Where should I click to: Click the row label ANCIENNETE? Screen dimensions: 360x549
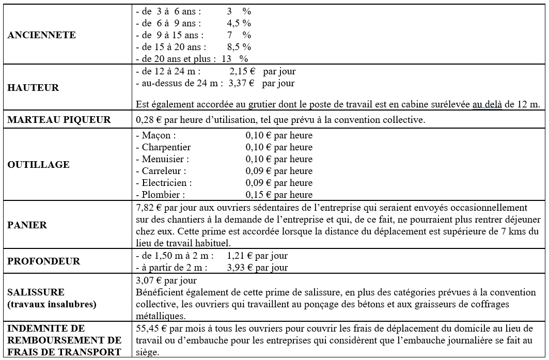41,35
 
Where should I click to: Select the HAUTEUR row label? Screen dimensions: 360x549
33,88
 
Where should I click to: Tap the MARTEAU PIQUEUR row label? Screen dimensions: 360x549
59,120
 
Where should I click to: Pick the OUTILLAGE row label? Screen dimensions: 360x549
38,165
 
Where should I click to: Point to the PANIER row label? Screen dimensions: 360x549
27,225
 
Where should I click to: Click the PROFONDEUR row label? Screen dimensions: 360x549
44,261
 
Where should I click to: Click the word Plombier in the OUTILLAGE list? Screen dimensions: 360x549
163,195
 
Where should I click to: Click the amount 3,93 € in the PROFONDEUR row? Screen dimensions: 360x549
240,268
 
